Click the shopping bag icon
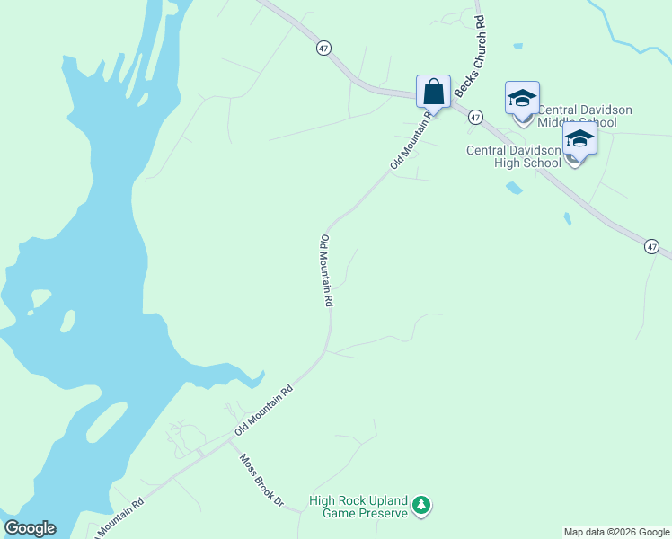tap(433, 92)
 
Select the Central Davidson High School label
tap(513, 156)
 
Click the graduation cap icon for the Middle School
tap(522, 98)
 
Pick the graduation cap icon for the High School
tap(579, 139)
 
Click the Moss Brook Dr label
tap(261, 480)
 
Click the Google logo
tap(30, 528)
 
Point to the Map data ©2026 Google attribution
tap(616, 532)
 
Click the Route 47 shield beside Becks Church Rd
tap(475, 118)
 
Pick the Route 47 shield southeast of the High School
tap(652, 246)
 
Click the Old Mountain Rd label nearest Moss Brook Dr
tap(263, 411)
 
